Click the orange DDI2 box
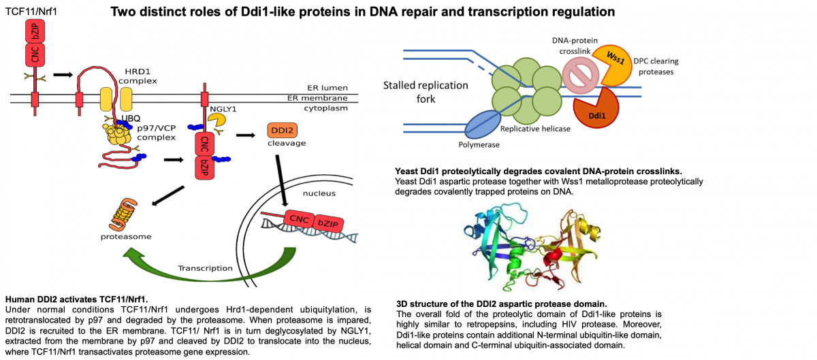(282, 131)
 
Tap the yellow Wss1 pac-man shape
(612, 65)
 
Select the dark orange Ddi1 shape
(596, 109)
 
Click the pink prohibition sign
(580, 76)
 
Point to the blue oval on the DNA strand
(483, 125)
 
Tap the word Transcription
(205, 268)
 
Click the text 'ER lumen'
(327, 88)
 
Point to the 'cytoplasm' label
(325, 108)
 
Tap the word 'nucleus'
(319, 193)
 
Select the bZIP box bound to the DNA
(328, 223)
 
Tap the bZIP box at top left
(35, 31)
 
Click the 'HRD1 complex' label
(138, 76)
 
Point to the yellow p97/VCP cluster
(119, 133)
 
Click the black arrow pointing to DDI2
(245, 135)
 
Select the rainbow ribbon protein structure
(530, 247)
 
